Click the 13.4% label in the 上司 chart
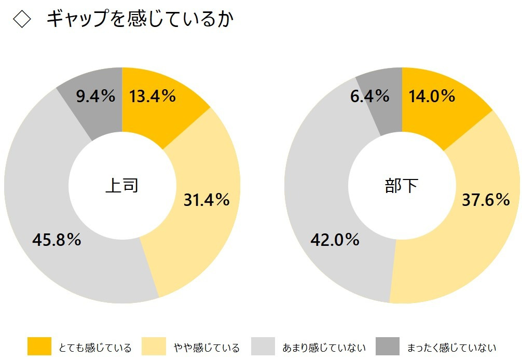pyautogui.click(x=153, y=96)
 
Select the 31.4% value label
pyautogui.click(x=207, y=200)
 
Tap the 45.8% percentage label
pyautogui.click(x=57, y=240)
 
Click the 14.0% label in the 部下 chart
pyautogui.click(x=432, y=96)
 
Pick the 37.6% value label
pyautogui.click(x=486, y=200)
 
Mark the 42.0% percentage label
pyautogui.click(x=335, y=240)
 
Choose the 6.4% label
pyautogui.click(x=370, y=96)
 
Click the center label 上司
pyautogui.click(x=122, y=186)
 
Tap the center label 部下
pyautogui.click(x=401, y=186)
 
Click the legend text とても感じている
pyautogui.click(x=95, y=348)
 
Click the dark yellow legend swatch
pyautogui.click(x=39, y=346)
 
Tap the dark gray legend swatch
pyautogui.click(x=388, y=346)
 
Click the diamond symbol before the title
pyautogui.click(x=22, y=20)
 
